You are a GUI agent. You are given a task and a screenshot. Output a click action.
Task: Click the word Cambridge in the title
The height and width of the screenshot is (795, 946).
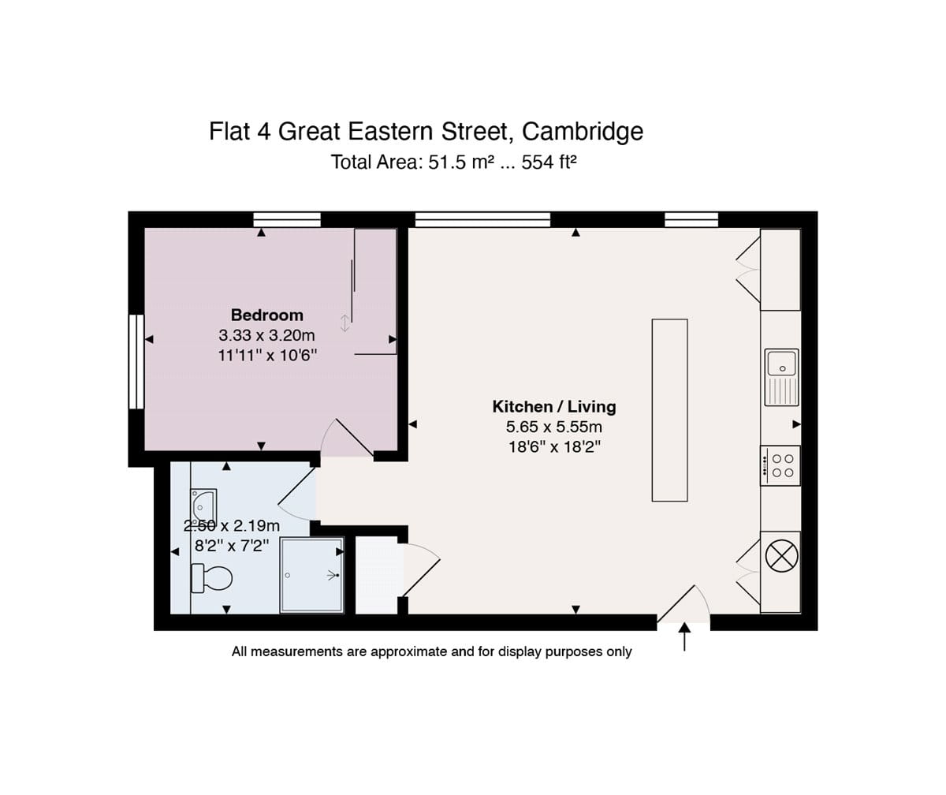click(x=583, y=132)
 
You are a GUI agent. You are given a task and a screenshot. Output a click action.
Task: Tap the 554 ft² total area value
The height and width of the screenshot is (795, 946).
click(x=549, y=162)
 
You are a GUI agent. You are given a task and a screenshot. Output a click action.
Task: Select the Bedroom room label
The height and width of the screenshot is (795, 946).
click(x=267, y=315)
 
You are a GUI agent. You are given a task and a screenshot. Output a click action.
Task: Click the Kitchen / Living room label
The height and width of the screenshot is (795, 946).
click(x=554, y=406)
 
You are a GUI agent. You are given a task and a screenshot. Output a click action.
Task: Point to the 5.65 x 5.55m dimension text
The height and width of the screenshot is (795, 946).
click(x=554, y=427)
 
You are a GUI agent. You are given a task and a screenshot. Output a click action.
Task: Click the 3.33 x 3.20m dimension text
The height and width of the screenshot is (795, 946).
click(x=266, y=335)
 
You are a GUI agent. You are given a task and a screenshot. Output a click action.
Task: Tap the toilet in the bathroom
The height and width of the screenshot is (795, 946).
click(x=211, y=578)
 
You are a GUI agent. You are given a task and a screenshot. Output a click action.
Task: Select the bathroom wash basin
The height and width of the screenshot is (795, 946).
click(x=203, y=506)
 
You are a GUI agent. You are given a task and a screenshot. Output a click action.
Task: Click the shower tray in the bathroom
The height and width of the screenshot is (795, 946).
click(x=311, y=575)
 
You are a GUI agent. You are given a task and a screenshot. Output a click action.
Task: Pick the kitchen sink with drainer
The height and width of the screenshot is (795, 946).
click(x=781, y=377)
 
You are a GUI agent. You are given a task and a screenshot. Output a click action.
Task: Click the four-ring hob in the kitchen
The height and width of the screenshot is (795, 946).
click(x=780, y=466)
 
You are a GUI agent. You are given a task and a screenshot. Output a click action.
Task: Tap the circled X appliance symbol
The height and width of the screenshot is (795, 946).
click(x=781, y=556)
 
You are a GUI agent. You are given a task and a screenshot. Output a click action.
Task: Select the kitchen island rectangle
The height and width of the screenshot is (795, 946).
click(x=669, y=410)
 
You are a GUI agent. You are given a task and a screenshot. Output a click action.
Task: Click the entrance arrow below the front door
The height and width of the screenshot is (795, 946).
click(x=684, y=636)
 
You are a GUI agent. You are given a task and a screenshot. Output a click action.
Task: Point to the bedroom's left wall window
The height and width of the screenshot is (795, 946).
click(x=136, y=362)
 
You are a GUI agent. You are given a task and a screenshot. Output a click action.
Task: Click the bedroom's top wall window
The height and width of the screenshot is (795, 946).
click(x=287, y=220)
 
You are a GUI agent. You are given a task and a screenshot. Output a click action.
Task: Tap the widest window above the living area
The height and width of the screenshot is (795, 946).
click(x=482, y=220)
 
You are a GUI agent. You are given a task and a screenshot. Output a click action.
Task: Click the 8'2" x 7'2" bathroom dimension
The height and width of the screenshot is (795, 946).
click(x=232, y=545)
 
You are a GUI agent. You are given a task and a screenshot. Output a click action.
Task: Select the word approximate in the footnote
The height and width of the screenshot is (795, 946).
click(x=407, y=651)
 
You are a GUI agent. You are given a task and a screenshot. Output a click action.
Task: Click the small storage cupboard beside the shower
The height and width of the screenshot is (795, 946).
click(x=378, y=575)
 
